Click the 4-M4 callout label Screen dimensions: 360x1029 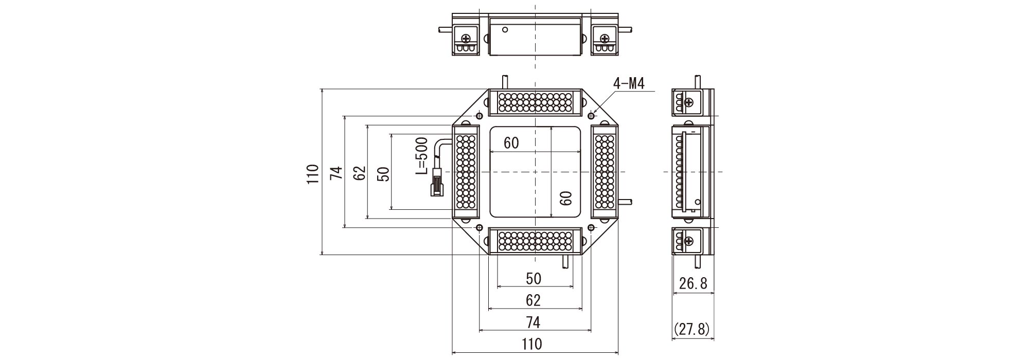coord(629,84)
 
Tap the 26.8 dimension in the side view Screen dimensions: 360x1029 coord(693,283)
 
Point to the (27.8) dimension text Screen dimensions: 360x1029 coord(691,329)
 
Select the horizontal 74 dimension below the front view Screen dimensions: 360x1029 coord(534,322)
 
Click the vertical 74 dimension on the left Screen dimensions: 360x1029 coord(336,174)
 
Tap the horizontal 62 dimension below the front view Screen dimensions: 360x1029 coord(534,300)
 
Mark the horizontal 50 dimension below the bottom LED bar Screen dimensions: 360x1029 coord(534,278)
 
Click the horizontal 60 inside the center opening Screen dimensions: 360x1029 coord(511,143)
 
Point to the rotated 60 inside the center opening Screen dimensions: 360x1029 coord(566,198)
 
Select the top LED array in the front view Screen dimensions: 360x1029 coord(535,103)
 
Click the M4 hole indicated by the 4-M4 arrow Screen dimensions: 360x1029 coord(591,115)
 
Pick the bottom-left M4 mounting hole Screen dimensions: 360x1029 coord(479,228)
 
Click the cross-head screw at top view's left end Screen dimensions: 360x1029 coord(467,39)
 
